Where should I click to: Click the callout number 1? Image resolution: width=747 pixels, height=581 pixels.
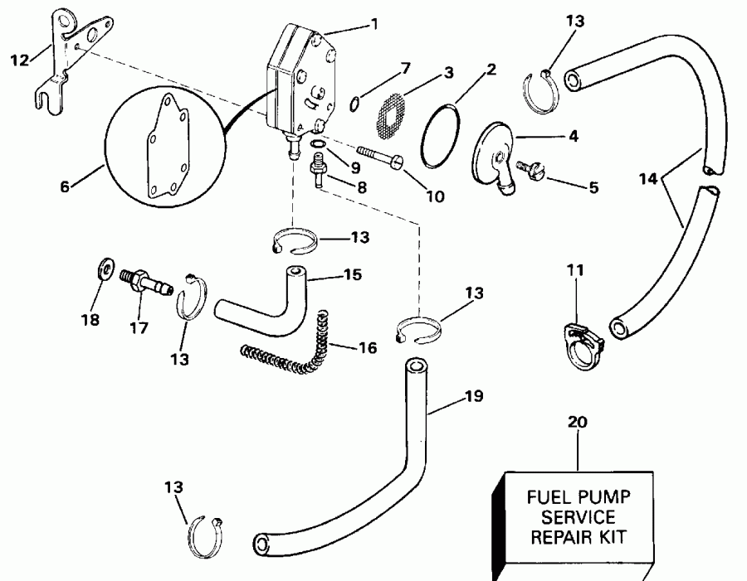pyautogui.click(x=374, y=23)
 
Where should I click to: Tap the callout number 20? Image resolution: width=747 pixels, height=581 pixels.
pyautogui.click(x=579, y=422)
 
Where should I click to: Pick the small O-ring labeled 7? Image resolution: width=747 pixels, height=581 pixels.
pyautogui.click(x=354, y=103)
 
